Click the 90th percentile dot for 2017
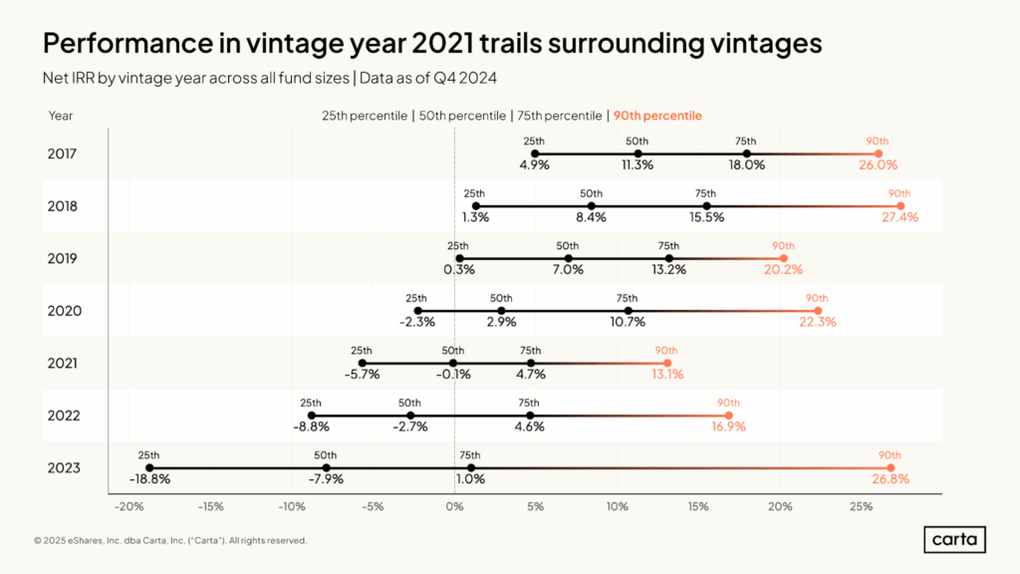click(879, 154)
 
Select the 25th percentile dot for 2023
click(149, 468)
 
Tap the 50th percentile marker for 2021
click(453, 363)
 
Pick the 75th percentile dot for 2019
click(669, 258)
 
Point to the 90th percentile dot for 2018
click(900, 206)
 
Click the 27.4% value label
click(900, 217)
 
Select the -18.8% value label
click(149, 479)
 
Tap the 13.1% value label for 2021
click(667, 375)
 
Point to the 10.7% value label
click(628, 322)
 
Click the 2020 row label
click(65, 311)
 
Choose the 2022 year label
click(64, 416)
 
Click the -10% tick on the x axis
click(292, 506)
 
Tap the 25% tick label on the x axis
click(861, 506)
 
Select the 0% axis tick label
click(454, 506)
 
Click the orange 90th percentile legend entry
click(657, 116)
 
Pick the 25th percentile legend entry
click(365, 116)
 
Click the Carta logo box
click(955, 539)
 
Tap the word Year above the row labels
click(61, 116)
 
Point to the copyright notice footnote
click(170, 540)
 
